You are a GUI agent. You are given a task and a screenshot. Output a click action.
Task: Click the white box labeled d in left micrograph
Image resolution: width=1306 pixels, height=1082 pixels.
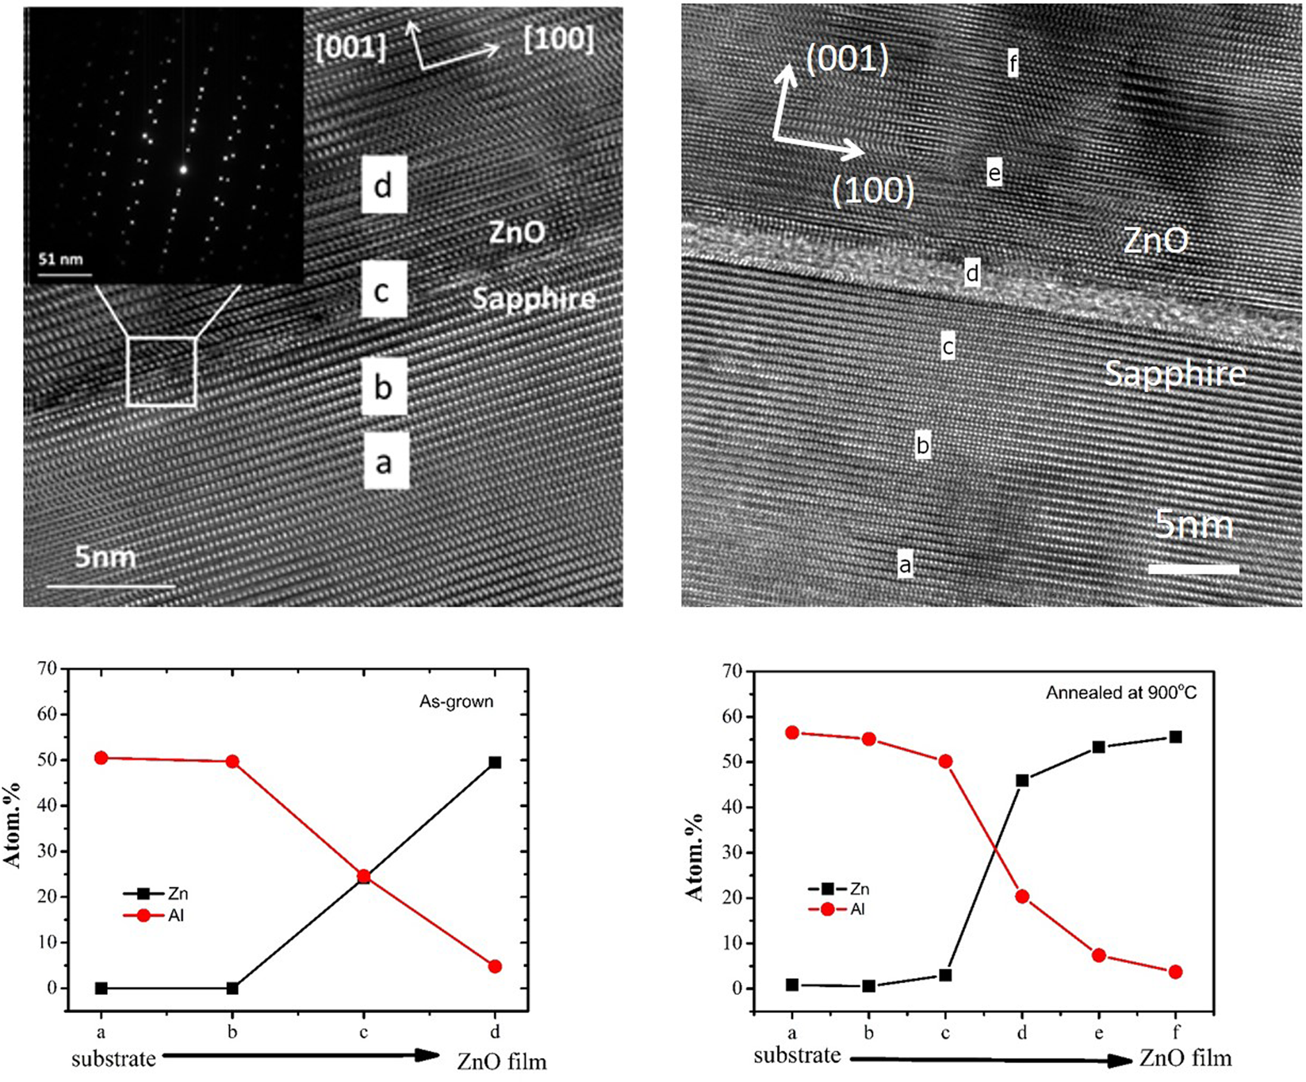[x=384, y=185]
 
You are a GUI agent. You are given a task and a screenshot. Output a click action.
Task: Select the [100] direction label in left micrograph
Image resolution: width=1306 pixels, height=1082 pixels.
[x=559, y=38]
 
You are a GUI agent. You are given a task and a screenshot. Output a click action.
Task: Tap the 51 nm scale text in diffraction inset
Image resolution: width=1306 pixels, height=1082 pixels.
[x=61, y=259]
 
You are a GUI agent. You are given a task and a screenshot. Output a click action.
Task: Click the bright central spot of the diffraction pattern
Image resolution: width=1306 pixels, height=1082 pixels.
[x=183, y=169]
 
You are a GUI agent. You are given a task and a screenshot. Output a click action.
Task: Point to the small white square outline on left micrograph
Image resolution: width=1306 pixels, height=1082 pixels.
[x=162, y=372]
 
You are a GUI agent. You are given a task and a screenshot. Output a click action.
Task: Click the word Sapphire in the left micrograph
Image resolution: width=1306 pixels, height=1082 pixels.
[x=534, y=299]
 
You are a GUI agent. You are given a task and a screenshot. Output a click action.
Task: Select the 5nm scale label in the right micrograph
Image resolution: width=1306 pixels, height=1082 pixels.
[x=1193, y=526]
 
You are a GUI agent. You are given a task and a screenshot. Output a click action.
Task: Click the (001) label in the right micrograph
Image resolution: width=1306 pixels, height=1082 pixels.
[x=847, y=59]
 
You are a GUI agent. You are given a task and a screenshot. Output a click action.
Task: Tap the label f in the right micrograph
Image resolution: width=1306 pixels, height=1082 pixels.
[x=1013, y=62]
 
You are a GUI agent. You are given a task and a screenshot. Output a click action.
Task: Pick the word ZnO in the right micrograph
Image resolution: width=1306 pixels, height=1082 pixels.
[x=1156, y=240]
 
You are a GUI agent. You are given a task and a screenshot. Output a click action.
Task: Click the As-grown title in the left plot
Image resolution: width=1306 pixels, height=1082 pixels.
[x=456, y=702]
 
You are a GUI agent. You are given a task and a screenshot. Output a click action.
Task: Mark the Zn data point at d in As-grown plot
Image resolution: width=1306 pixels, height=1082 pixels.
[x=495, y=763]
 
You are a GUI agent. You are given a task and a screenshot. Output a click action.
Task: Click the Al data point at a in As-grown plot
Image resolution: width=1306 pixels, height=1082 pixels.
[x=101, y=758]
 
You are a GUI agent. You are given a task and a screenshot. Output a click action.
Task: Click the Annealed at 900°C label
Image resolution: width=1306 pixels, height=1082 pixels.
[x=1121, y=693]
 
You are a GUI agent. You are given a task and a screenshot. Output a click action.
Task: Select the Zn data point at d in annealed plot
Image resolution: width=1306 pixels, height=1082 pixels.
[x=1022, y=781]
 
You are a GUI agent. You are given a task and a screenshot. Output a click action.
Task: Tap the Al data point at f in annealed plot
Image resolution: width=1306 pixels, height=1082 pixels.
[x=1175, y=972]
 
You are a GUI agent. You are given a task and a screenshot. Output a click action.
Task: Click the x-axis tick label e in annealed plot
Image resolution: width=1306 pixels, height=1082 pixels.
[x=1098, y=1033]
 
